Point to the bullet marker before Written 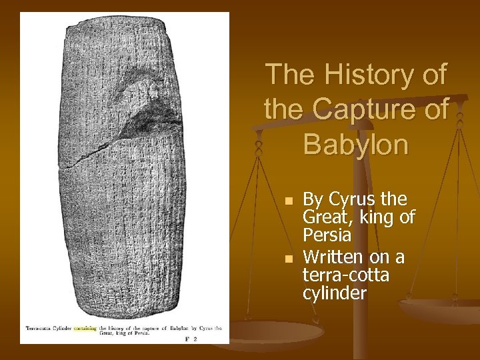tap(287, 257)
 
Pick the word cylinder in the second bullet tap(335, 294)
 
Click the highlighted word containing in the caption tap(85, 328)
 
